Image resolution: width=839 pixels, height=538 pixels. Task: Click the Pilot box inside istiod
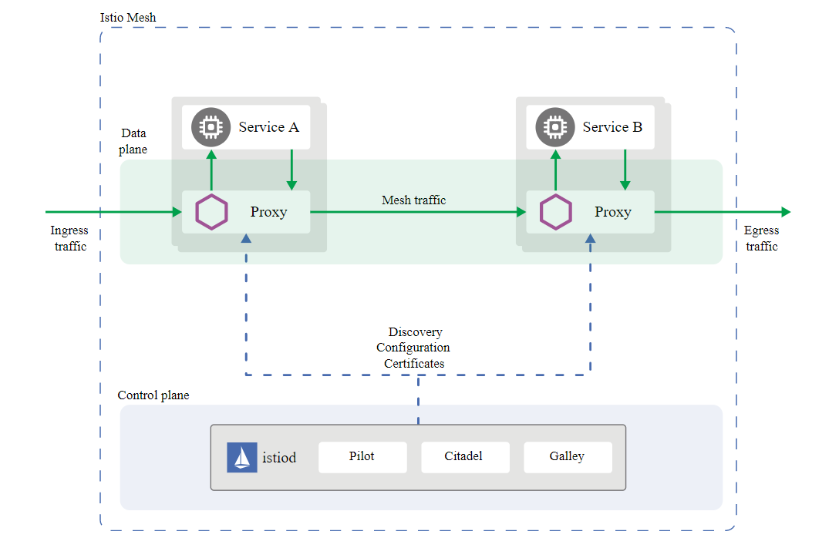[x=362, y=457]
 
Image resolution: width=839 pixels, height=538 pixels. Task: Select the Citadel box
[x=464, y=457]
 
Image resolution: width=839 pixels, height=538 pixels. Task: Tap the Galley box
[x=568, y=457]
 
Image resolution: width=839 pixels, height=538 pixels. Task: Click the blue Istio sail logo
[x=241, y=457]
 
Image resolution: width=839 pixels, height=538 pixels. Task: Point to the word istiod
[x=279, y=458]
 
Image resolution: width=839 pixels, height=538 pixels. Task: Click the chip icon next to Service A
[x=210, y=127]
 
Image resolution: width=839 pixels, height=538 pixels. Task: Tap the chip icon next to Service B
[x=554, y=127]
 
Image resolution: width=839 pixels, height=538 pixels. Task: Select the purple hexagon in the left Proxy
[x=211, y=212]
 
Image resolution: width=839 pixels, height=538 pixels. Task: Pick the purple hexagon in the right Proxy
[x=555, y=212]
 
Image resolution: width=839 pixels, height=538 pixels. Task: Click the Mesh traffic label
[x=414, y=200]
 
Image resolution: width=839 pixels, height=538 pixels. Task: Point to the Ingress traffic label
[x=69, y=238]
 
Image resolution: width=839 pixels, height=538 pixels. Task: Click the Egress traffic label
[x=761, y=238]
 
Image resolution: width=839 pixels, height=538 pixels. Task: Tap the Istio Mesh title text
[x=128, y=17]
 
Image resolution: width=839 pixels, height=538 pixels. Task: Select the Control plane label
[x=153, y=395]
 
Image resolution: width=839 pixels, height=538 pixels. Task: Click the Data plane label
[x=133, y=141]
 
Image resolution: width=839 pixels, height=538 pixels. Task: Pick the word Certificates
[x=414, y=364]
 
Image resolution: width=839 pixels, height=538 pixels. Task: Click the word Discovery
[x=415, y=332]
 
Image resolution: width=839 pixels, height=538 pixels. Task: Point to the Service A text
[x=268, y=127]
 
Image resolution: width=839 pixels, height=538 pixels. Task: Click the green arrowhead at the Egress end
[x=785, y=212]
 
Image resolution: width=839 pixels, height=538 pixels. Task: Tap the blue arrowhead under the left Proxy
[x=246, y=239]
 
